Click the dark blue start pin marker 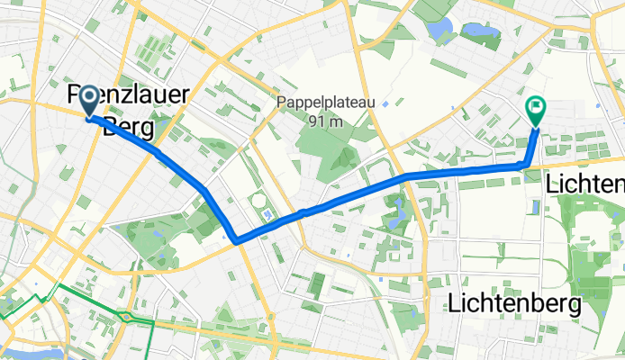coord(91,103)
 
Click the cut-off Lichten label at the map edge coord(585,184)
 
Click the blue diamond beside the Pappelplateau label coord(385,104)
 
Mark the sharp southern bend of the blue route coord(236,240)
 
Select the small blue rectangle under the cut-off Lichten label coord(536,207)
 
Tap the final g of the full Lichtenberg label coord(573,307)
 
